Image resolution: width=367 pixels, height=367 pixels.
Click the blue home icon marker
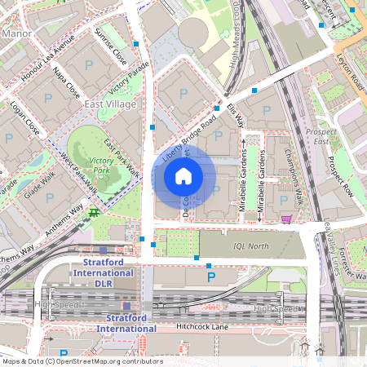pos(183,175)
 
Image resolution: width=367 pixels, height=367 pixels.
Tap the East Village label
pos(110,105)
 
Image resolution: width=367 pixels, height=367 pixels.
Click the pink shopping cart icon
pos(286,219)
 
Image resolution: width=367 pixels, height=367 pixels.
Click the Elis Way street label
pos(237,114)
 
